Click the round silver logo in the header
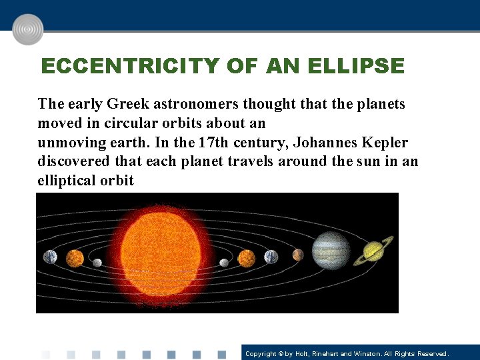click(28, 29)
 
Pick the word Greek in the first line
click(128, 104)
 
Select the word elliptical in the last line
click(67, 181)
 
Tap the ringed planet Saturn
click(373, 252)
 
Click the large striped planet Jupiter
click(331, 250)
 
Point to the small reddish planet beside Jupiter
click(297, 255)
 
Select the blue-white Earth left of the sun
click(51, 257)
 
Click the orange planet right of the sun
click(247, 257)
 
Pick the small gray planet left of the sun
click(97, 263)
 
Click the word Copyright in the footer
click(261, 353)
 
